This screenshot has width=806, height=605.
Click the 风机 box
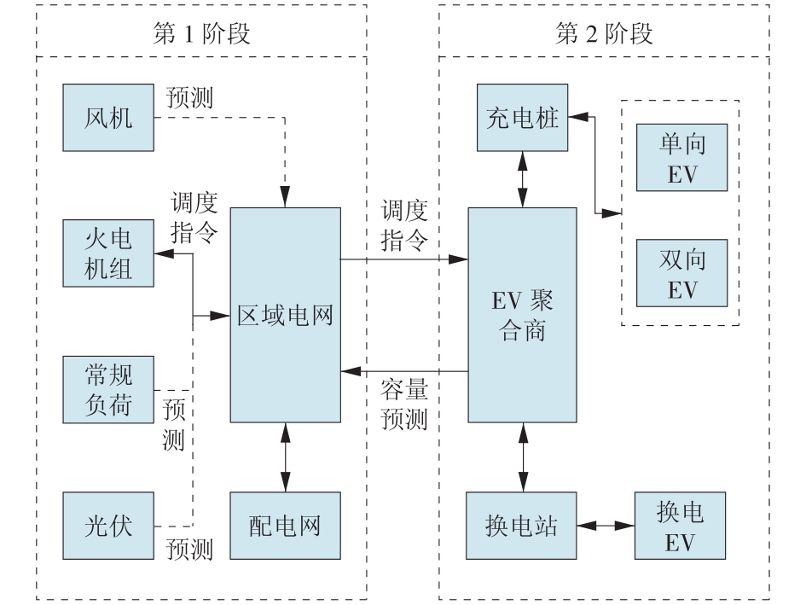[x=109, y=116]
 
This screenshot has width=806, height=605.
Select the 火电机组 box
[x=109, y=253]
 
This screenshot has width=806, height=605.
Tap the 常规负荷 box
[x=109, y=390]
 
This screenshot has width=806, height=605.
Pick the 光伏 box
[x=109, y=525]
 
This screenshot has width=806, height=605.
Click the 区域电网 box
[x=285, y=314]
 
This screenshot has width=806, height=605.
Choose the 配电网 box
[x=285, y=525]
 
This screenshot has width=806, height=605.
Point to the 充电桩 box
[x=523, y=116]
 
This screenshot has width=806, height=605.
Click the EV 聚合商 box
[x=522, y=314]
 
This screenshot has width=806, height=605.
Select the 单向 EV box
[x=681, y=157]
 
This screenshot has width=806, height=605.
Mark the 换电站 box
[x=522, y=525]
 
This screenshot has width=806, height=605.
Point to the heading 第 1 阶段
[x=200, y=33]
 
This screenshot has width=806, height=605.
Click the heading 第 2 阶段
[x=604, y=33]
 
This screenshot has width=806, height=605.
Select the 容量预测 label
[x=403, y=404]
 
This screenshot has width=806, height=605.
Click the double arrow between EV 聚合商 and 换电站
[x=522, y=457]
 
